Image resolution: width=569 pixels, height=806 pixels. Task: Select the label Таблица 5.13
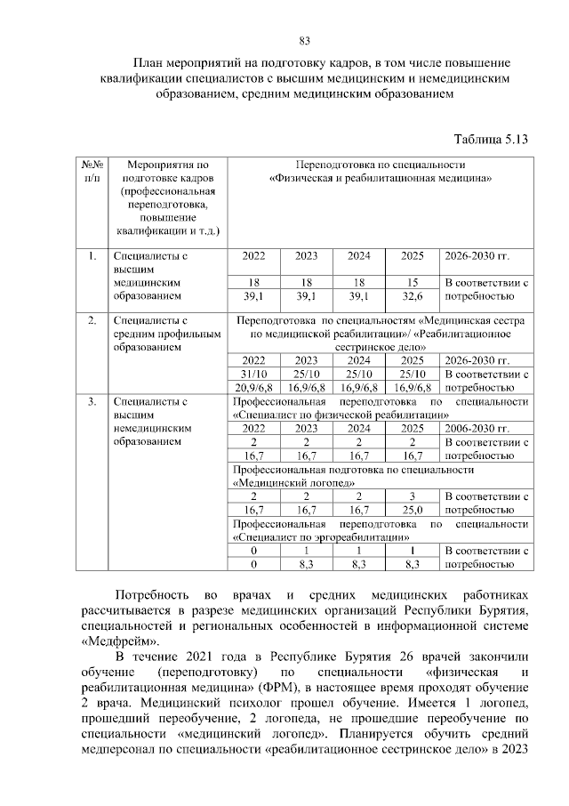click(x=491, y=140)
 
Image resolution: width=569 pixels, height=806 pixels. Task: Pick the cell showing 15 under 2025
click(x=413, y=282)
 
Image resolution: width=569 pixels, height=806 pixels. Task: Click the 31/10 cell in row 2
click(x=254, y=374)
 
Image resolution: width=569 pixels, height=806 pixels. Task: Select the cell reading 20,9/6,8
click(x=254, y=387)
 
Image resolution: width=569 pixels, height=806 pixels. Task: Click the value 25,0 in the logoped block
click(x=413, y=510)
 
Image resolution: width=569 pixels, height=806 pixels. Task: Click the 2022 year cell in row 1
click(x=254, y=256)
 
